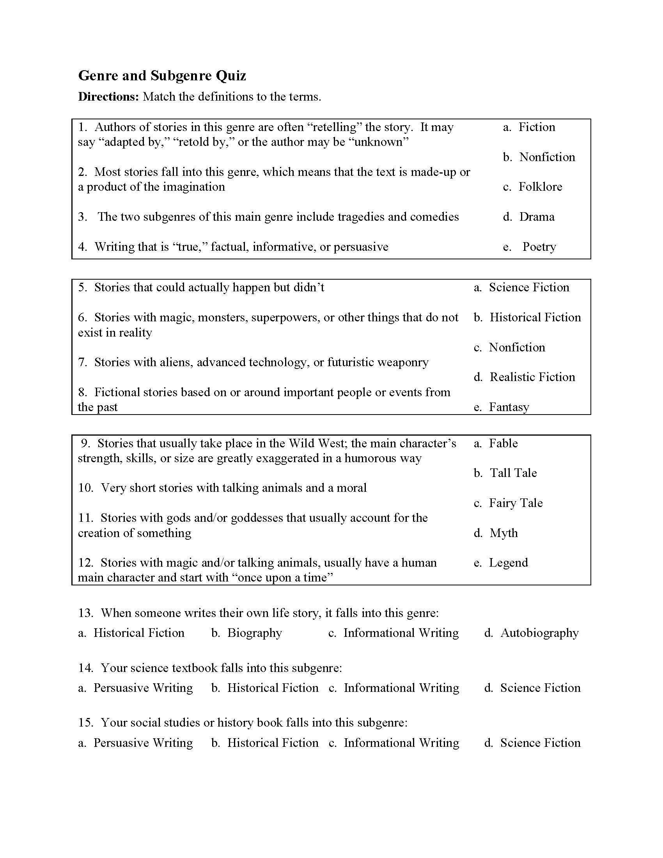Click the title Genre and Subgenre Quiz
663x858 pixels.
(162, 75)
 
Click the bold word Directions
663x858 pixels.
(108, 97)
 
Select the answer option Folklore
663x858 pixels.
(540, 186)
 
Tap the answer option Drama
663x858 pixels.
(537, 216)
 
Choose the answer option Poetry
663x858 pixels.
(539, 247)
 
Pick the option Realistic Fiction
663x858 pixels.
(532, 377)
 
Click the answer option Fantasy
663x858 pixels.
(509, 407)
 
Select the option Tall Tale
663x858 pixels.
(513, 473)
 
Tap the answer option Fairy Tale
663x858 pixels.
(515, 503)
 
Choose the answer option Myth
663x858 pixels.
(503, 533)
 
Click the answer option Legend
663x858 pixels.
(508, 562)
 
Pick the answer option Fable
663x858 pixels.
(503, 443)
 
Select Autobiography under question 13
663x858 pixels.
(539, 633)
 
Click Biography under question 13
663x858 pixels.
(255, 633)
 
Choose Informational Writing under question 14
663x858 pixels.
(401, 688)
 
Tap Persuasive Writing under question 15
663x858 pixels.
(143, 743)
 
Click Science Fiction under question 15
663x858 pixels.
(540, 743)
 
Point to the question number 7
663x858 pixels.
(82, 362)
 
